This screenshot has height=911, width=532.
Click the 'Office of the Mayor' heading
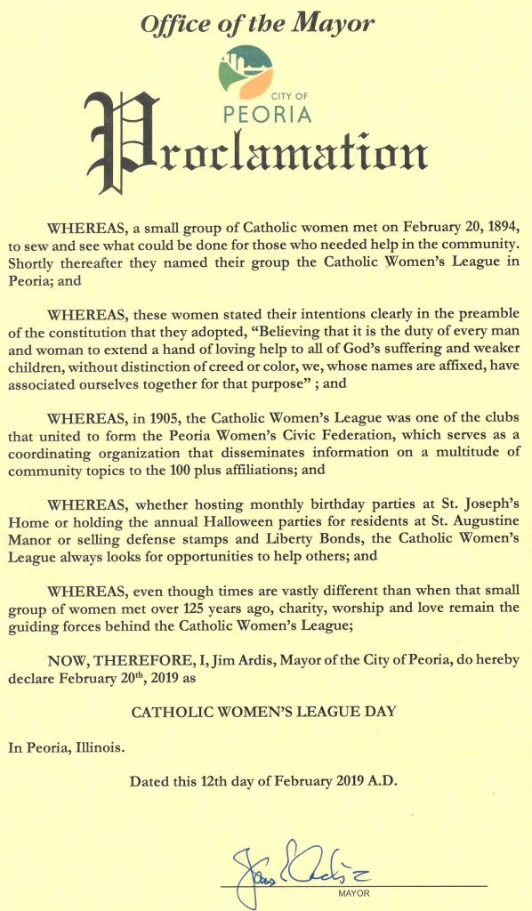[256, 24]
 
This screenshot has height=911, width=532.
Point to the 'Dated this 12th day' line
[263, 783]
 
